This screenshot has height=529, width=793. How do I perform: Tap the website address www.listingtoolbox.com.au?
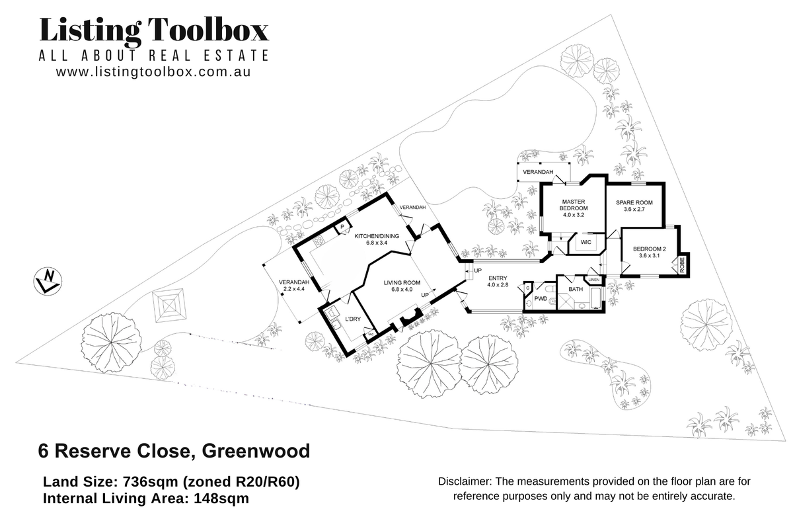click(153, 72)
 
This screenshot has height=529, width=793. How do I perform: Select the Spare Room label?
click(634, 205)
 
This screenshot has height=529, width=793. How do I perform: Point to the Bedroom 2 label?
click(647, 252)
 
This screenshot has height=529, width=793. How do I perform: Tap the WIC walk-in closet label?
click(585, 243)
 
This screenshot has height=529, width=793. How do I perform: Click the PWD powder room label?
click(540, 299)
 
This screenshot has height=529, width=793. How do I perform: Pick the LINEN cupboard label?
click(593, 280)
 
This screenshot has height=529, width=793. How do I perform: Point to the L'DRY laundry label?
click(353, 320)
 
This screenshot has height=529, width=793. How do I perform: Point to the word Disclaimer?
click(465, 482)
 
